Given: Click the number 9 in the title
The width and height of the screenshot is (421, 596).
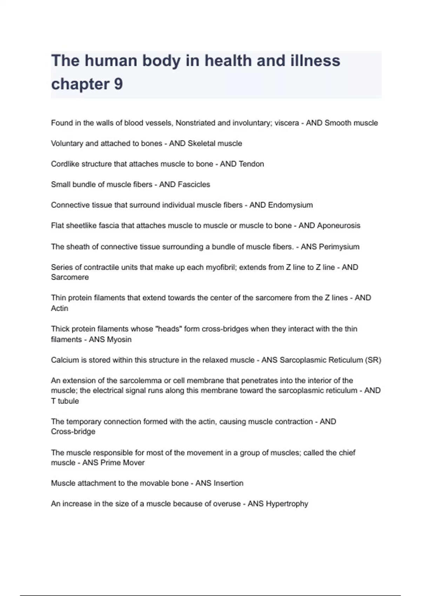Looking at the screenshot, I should [x=118, y=84].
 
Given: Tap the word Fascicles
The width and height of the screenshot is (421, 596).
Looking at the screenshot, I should [x=194, y=185].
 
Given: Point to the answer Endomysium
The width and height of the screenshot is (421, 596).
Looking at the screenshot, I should [x=290, y=205].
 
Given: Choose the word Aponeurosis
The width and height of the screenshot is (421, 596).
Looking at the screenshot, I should [x=339, y=226].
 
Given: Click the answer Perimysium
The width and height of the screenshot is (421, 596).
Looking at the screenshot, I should [x=339, y=247].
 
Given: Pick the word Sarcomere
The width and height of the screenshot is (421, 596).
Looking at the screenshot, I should [x=70, y=277].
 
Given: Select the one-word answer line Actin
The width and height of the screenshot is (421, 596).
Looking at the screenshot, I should [x=60, y=309].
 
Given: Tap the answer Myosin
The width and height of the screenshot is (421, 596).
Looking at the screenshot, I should [x=119, y=339].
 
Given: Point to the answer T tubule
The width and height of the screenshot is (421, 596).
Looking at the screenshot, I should [x=65, y=401].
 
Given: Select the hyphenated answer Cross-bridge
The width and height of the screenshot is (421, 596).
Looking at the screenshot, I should [x=73, y=432].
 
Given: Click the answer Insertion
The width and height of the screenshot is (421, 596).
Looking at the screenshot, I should [x=228, y=483].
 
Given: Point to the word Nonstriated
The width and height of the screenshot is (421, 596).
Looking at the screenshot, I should [x=195, y=123].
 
